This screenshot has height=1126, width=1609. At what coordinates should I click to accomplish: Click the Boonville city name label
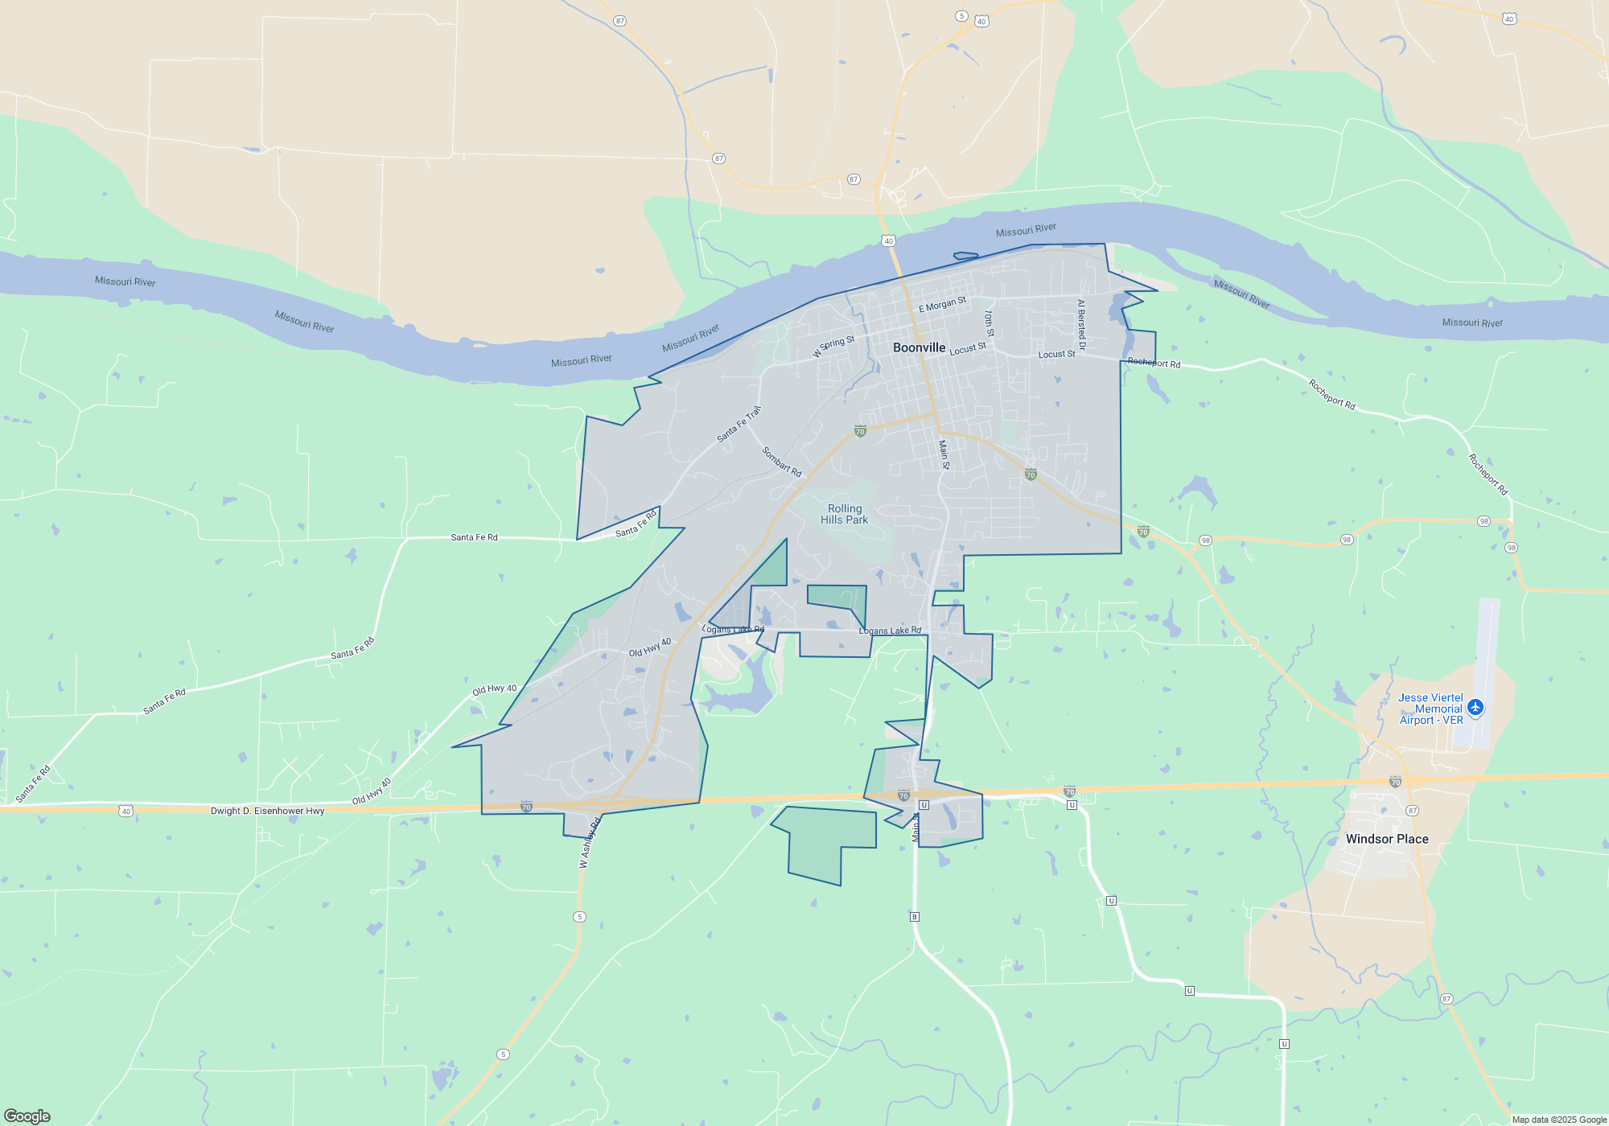[x=919, y=347]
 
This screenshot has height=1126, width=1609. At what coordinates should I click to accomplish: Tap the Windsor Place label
[x=1387, y=839]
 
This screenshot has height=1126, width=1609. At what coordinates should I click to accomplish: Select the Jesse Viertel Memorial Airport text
[x=1430, y=709]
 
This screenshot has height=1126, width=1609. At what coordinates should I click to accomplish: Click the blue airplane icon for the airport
[x=1475, y=707]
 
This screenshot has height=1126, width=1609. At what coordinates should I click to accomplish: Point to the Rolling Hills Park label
[x=844, y=514]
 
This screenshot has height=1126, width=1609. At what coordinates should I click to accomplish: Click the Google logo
[x=27, y=1116]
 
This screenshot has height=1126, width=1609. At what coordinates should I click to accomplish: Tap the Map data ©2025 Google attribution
[x=1558, y=1120]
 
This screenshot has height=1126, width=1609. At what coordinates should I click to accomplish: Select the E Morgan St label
[x=942, y=305]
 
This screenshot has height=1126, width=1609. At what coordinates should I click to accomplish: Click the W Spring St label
[x=833, y=346]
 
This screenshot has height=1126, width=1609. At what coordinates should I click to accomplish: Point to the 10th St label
[x=989, y=323]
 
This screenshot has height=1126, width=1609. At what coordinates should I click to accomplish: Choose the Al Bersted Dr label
[x=1081, y=325]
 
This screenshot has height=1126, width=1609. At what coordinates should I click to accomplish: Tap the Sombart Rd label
[x=782, y=462]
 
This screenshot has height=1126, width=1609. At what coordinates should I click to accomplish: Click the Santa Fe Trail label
[x=739, y=424]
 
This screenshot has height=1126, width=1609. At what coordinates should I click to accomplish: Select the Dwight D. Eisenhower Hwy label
[x=267, y=811]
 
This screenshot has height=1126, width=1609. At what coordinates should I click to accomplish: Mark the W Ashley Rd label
[x=590, y=843]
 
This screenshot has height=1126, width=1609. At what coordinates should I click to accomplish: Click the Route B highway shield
[x=914, y=917]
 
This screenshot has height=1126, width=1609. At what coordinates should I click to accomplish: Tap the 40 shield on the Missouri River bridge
[x=888, y=240]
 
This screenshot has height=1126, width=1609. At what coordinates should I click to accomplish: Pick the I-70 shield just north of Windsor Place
[x=1395, y=782]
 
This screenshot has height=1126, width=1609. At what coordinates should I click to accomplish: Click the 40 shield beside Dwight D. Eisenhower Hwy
[x=126, y=811]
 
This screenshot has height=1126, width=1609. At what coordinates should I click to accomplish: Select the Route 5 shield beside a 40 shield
[x=961, y=16]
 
